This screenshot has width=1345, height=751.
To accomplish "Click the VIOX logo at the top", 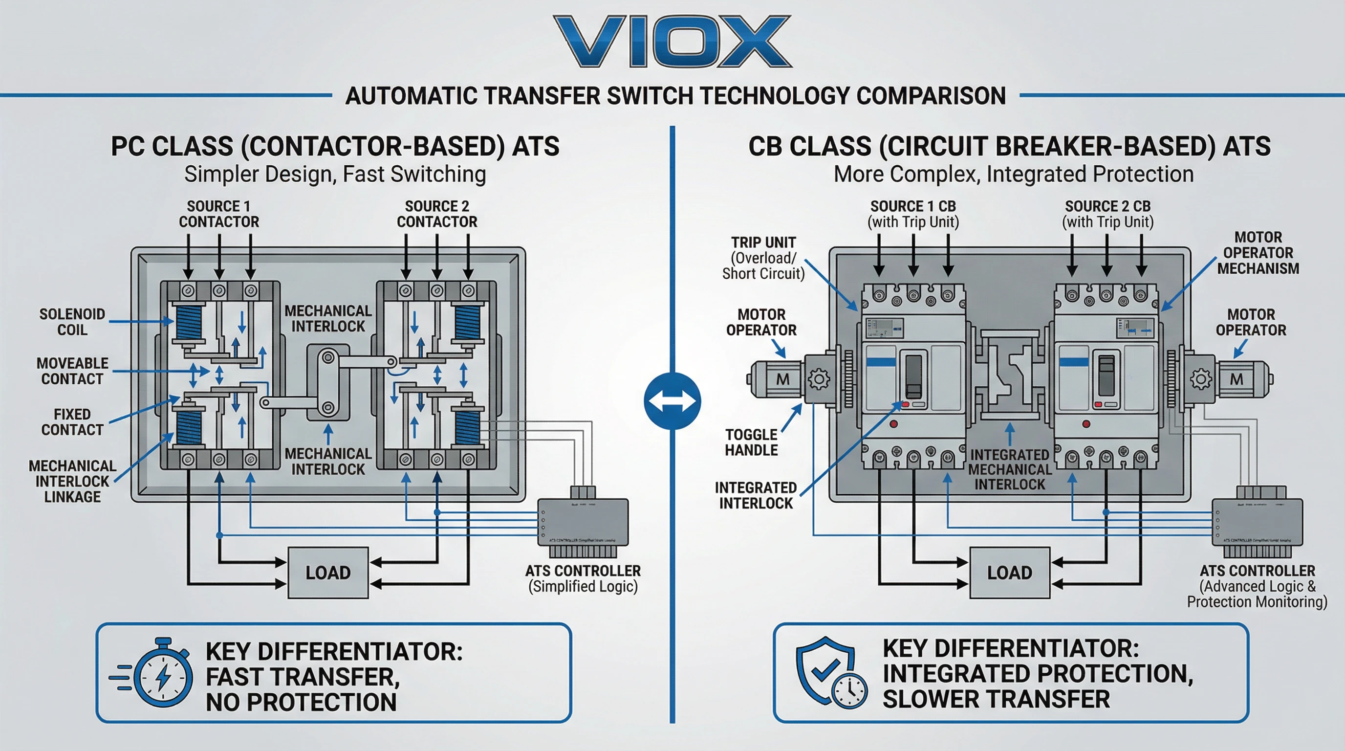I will pos(672,42).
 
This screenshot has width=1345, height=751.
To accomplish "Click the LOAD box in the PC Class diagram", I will pos(328,573).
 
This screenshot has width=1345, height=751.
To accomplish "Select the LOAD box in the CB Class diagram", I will pos(1009,573).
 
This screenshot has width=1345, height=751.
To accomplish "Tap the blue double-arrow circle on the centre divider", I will pos(672,401).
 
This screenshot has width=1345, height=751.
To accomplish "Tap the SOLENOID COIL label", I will pos(72,322).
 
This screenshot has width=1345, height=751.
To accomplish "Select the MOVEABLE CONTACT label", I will pos(72,371).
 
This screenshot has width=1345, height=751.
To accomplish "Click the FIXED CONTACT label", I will pos(72,422).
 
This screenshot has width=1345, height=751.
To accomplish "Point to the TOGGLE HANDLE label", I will pos(751,442).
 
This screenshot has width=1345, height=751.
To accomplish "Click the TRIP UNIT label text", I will pos(763,258).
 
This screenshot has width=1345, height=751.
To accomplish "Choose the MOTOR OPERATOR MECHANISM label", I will pos(1258,253).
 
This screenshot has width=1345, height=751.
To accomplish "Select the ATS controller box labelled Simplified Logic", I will pos(583,522).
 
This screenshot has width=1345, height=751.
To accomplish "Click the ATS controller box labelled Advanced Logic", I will pos(1257,522).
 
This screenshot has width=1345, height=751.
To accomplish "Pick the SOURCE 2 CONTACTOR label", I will pos(437,214).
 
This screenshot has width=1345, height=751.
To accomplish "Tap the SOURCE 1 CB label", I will pos(913,214).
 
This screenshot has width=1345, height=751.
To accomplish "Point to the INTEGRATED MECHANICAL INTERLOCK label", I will pos(1009,469).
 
